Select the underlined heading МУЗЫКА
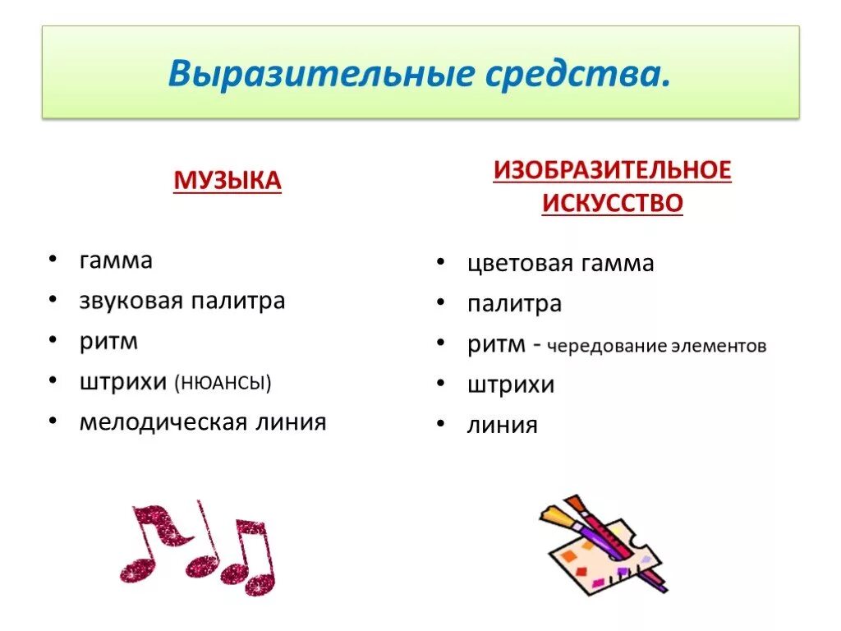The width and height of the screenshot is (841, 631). (227, 180)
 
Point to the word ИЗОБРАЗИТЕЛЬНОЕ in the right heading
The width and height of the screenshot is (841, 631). (612, 170)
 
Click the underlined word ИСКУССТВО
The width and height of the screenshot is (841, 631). (612, 202)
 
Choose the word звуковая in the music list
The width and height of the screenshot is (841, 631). (131, 301)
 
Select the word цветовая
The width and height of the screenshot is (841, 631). (518, 264)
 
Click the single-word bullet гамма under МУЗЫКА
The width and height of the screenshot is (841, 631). (116, 261)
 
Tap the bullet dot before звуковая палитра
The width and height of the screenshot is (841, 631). (53, 299)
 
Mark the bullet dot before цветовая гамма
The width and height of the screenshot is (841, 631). (441, 262)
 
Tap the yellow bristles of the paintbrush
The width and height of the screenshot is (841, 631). (553, 515)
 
